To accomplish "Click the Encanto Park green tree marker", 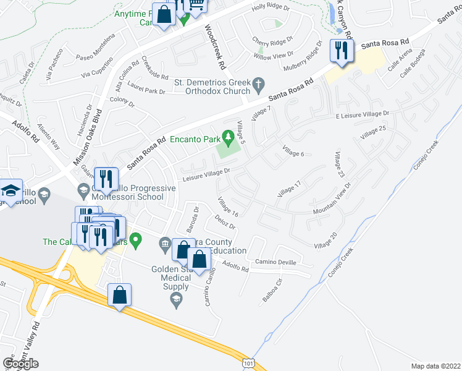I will click(228, 135).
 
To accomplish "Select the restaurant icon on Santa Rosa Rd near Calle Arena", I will click(341, 49).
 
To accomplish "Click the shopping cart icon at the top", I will click(197, 5).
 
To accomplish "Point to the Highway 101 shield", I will click(248, 360).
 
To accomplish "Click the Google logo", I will click(20, 363).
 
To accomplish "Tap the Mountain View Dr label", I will click(332, 198).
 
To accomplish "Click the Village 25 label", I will click(374, 131).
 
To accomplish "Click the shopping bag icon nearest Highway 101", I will click(119, 296).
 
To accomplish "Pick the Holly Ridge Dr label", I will click(271, 7).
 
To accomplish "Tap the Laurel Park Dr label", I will click(148, 92).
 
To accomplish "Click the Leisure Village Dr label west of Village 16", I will click(206, 176).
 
